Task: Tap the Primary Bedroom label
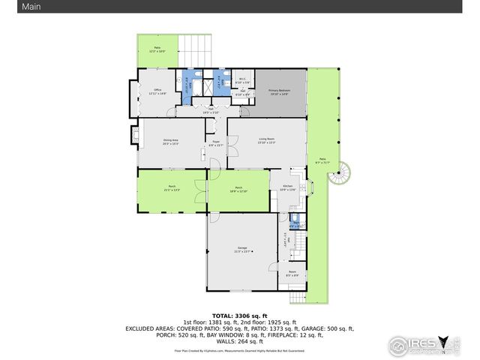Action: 279,91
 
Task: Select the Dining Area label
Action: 171,142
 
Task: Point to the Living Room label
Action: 267,141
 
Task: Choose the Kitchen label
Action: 287,188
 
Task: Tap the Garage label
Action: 242,248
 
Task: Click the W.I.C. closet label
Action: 242,80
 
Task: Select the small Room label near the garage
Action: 292,274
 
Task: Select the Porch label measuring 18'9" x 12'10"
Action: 238,189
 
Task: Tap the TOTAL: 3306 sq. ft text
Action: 239,316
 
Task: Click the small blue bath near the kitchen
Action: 296,222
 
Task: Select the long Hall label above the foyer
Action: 211,110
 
